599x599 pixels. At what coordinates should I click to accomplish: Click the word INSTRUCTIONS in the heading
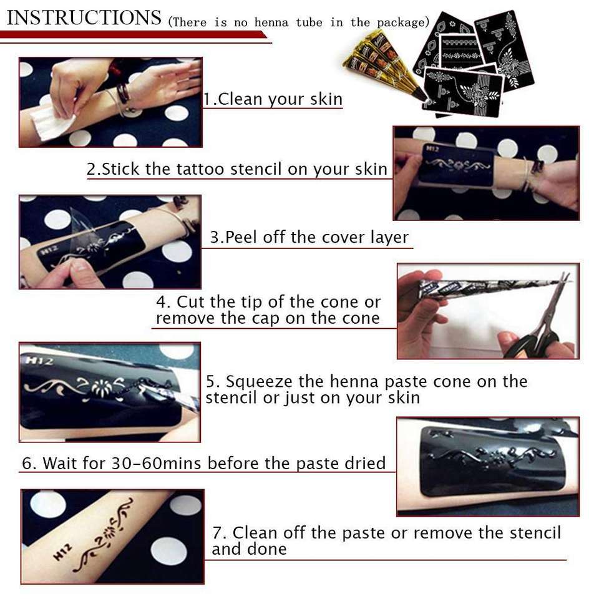click(84, 17)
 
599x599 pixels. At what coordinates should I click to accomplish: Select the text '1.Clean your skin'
click(273, 99)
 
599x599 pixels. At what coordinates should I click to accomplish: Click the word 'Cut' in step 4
click(190, 302)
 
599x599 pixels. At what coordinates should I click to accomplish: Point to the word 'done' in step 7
click(267, 549)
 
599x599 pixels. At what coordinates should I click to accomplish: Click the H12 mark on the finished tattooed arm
click(62, 552)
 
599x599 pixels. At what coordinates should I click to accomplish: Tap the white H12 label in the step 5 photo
click(39, 360)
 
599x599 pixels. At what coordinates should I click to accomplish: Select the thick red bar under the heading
click(134, 35)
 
